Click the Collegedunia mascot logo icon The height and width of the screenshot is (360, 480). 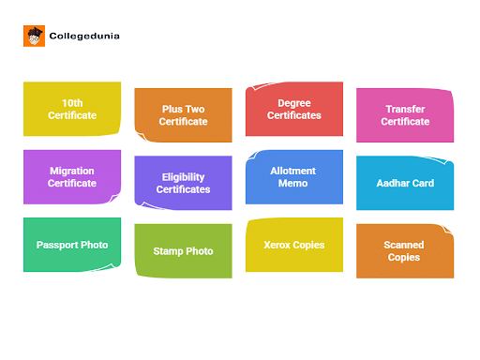[35, 37]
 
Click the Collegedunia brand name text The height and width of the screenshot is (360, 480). [84, 37]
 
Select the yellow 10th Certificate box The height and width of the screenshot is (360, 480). [72, 109]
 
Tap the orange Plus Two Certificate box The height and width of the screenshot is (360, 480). [183, 115]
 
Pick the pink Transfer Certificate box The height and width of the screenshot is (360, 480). [405, 115]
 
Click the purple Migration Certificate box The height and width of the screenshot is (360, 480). [72, 176]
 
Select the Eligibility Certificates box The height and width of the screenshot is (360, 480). [183, 183]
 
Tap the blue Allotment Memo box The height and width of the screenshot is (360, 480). [292, 177]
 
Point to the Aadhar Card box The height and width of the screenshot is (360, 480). [405, 183]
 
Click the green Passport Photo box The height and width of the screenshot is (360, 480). [72, 245]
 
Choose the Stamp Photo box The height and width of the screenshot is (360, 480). [183, 251]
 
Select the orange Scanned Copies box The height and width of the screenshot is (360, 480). [405, 251]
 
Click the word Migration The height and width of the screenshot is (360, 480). [72, 171]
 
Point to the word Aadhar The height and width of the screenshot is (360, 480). [394, 183]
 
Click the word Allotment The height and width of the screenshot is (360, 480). [292, 171]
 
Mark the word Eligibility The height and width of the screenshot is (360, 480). [183, 176]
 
